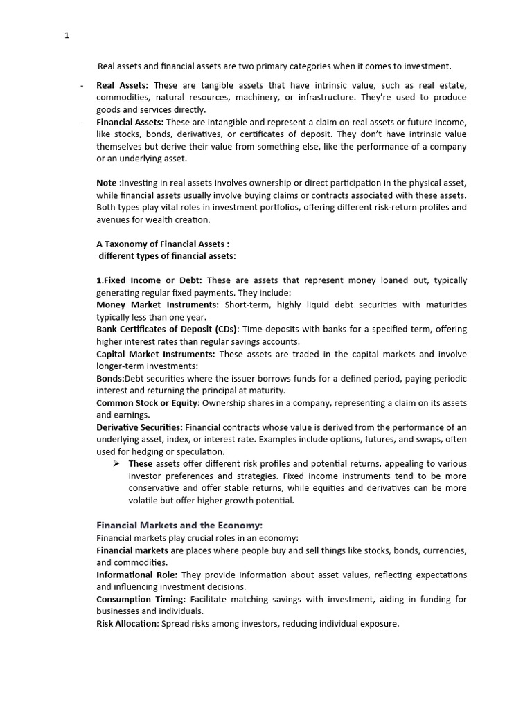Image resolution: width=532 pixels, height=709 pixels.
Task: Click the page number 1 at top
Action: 66,37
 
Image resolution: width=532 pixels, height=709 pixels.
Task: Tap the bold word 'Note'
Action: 107,183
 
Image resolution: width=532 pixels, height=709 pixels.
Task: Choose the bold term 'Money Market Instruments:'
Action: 157,305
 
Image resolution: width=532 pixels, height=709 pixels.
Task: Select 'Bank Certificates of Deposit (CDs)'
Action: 167,329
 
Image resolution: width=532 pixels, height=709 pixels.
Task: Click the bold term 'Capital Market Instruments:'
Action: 156,354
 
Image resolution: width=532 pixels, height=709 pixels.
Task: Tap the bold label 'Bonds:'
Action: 111,378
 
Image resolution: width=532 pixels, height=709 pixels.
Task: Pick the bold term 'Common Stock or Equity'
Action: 148,402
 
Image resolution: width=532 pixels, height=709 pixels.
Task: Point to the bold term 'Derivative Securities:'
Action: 139,427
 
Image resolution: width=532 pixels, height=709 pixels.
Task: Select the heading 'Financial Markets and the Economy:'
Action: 179,525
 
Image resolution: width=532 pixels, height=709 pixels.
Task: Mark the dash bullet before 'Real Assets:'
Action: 82,85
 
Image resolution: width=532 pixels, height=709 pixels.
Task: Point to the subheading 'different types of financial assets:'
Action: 167,256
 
